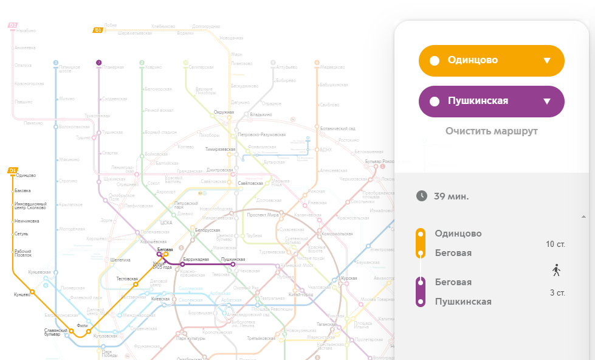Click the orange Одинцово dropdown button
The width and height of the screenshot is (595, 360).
(x=491, y=60)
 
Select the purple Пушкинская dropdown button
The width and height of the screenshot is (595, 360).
(x=491, y=101)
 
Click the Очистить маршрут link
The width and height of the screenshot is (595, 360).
(x=491, y=131)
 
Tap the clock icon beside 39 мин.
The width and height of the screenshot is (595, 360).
(x=422, y=196)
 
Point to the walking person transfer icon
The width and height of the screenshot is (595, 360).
(x=556, y=269)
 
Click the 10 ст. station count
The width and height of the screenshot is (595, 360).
(x=556, y=244)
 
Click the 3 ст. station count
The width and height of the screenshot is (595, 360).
(x=557, y=293)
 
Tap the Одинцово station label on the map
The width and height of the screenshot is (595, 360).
(x=26, y=176)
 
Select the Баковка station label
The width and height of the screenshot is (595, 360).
(x=22, y=191)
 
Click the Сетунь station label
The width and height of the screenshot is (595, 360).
(x=21, y=234)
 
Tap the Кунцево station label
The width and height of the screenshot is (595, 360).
(x=21, y=295)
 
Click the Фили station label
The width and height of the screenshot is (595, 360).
(x=83, y=325)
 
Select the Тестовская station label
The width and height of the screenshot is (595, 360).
(x=127, y=279)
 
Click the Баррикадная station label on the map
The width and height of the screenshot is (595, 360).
(x=196, y=260)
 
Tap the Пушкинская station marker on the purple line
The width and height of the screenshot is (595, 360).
(x=233, y=265)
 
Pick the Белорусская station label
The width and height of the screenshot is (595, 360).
(x=207, y=230)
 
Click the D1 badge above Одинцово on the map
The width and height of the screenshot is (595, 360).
(x=13, y=170)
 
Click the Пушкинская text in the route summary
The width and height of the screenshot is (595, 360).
(x=463, y=302)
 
